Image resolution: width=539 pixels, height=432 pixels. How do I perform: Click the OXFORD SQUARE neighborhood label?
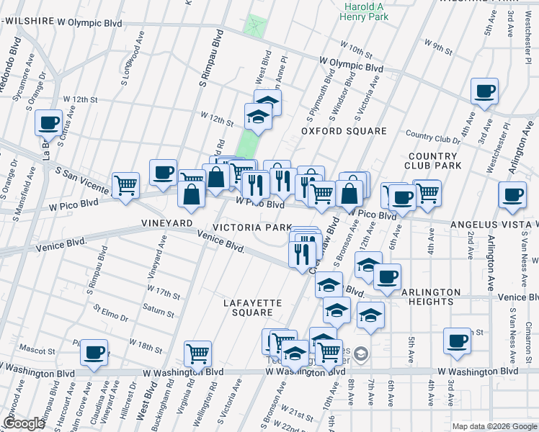[344, 131]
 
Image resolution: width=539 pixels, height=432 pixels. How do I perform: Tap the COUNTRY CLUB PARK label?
[433, 161]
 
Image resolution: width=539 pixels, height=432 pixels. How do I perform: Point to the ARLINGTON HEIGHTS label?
[430, 297]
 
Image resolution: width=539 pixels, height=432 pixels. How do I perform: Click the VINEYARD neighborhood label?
[168, 223]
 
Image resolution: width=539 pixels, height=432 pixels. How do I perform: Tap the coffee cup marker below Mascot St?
[94, 352]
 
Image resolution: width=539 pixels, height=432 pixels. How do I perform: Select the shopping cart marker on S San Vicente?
[126, 184]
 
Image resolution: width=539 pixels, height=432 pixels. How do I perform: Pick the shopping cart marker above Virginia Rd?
[197, 353]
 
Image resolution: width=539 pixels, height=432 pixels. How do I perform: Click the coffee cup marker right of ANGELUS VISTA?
[512, 194]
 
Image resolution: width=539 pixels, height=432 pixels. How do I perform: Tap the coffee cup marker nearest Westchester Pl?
[484, 91]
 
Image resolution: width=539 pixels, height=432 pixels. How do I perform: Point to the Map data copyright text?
[494, 426]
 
